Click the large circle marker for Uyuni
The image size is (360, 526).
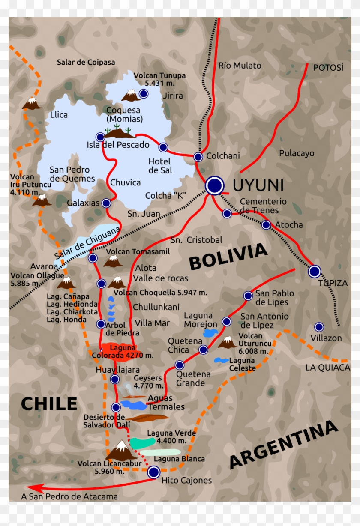point(214,185)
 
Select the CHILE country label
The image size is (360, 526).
point(49,404)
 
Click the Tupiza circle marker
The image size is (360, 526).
point(315,271)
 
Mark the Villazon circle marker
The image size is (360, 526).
point(319,327)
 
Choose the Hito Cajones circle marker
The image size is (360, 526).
point(153,472)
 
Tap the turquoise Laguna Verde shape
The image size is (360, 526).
point(142,443)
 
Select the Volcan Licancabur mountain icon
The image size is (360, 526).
point(121,451)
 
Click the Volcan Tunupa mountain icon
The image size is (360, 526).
point(130,95)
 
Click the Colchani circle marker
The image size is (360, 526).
point(198,157)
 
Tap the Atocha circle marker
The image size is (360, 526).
point(266,224)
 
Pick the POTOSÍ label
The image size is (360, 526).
point(328,68)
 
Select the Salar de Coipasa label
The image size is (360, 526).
point(86,63)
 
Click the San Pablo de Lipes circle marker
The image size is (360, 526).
point(248,296)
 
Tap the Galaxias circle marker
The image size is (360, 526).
point(106,203)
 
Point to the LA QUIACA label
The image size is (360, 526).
point(327,368)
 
